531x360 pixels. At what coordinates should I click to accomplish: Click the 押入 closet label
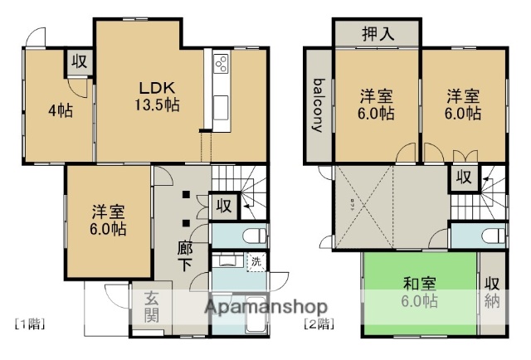(378, 34)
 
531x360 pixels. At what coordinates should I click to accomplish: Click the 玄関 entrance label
(153, 308)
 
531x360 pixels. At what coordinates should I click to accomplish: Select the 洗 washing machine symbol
(256, 261)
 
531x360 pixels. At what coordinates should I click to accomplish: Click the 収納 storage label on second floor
(493, 292)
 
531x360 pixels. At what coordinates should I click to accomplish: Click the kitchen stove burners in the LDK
(222, 66)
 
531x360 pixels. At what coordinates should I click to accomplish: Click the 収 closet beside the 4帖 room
(79, 62)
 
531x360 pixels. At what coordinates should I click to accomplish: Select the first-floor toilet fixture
(254, 234)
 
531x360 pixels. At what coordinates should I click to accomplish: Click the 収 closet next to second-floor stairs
(463, 177)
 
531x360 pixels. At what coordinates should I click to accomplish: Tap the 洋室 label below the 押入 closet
(378, 105)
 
